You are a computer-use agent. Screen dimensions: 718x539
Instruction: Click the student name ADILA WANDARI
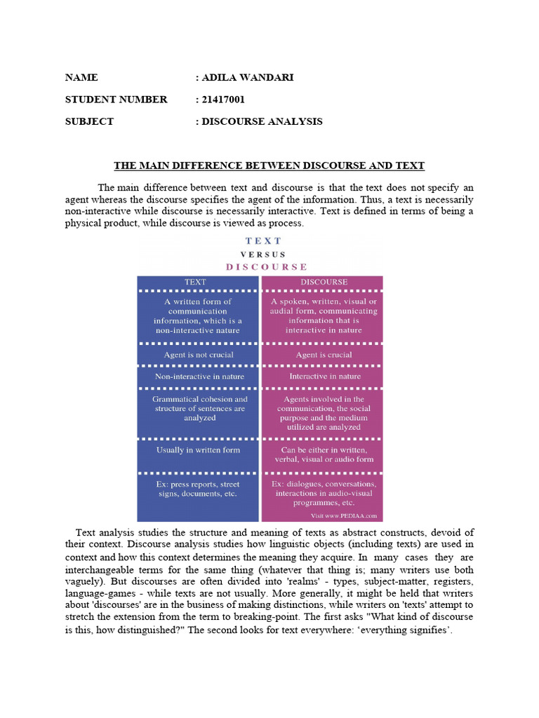(247, 77)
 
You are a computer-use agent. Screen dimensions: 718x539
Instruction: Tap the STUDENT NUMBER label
(117, 100)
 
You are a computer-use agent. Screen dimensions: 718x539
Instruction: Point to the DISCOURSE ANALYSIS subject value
(262, 121)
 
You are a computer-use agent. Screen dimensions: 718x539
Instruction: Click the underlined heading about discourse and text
(269, 166)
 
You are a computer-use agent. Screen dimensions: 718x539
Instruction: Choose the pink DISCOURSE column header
(324, 282)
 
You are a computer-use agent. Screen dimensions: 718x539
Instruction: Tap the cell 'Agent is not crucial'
(198, 355)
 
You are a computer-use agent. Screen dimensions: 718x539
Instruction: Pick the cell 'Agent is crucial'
(324, 355)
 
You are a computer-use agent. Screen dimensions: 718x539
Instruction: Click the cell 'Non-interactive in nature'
(198, 377)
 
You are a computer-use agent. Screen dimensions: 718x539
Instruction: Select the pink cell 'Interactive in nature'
(324, 377)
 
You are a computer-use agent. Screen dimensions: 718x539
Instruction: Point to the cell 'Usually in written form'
(198, 450)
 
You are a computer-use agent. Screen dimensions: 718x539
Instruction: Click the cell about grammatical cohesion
(198, 408)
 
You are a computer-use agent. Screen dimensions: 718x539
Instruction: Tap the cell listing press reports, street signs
(198, 489)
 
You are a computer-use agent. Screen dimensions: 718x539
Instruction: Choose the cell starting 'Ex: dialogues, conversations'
(324, 493)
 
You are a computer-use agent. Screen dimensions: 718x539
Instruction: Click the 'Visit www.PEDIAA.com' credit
(345, 515)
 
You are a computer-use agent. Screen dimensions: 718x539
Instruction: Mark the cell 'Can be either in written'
(324, 454)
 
